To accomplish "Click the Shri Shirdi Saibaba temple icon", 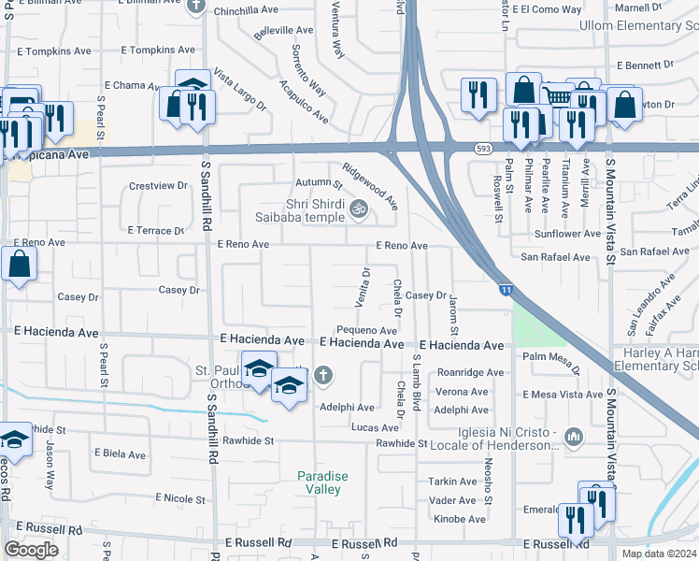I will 356,211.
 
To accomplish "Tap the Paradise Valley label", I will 322,482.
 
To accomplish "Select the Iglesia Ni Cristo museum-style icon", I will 573,437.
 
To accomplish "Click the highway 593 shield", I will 482,148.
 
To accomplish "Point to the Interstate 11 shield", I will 504,292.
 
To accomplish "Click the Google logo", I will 31,549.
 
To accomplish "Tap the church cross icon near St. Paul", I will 323,376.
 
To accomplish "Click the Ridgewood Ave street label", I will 371,185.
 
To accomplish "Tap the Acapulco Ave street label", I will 303,102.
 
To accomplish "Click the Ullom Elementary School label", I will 638,26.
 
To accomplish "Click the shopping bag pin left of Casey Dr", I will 20,267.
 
